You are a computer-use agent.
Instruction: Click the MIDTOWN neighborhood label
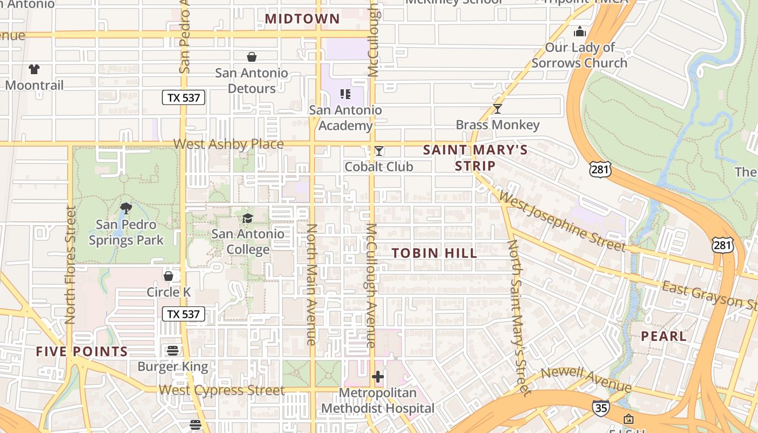[302, 19]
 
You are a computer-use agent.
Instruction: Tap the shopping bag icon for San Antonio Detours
[252, 57]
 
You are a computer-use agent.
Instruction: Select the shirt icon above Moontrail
[34, 69]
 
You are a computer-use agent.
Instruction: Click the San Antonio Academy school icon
[345, 94]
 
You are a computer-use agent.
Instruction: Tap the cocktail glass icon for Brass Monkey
[497, 109]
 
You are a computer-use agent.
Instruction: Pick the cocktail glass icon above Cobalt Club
[379, 151]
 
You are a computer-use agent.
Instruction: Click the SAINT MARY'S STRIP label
[475, 158]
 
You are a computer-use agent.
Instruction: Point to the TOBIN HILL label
[434, 253]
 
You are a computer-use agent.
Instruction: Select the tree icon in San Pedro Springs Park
[126, 208]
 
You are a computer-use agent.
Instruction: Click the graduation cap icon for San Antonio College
[247, 218]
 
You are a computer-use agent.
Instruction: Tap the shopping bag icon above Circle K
[168, 276]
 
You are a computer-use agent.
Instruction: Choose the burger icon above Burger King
[173, 350]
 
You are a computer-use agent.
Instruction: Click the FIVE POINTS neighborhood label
[82, 351]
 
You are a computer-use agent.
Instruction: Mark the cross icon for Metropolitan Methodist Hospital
[378, 377]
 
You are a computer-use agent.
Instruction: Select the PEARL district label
[663, 336]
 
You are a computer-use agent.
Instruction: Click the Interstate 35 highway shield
[600, 407]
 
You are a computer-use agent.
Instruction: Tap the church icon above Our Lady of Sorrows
[580, 32]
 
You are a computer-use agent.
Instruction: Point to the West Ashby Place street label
[228, 144]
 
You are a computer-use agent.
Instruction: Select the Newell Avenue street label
[586, 379]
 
